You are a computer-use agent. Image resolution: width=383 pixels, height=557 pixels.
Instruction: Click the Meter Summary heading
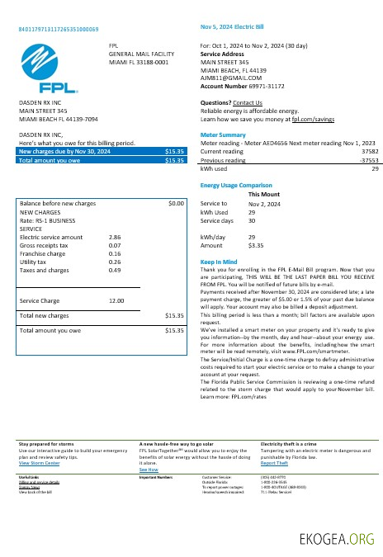point(223,135)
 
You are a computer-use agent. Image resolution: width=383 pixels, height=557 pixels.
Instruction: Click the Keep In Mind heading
point(219,262)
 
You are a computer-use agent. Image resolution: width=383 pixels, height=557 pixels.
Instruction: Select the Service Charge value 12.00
point(116,300)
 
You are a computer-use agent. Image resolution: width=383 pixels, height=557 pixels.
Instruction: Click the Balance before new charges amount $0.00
point(175,203)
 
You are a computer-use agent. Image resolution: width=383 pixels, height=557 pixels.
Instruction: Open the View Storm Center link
point(40,464)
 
